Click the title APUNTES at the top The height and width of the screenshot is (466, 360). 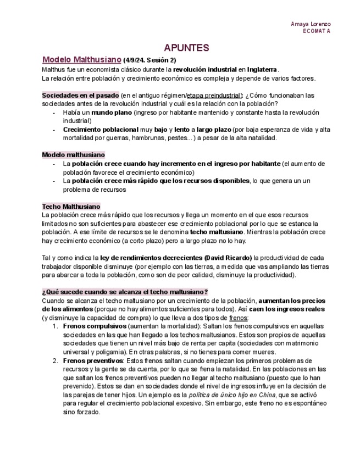click(186, 48)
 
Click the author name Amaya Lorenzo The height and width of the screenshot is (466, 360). click(311, 24)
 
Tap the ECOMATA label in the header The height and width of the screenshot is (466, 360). click(317, 31)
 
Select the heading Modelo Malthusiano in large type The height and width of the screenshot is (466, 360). click(81, 59)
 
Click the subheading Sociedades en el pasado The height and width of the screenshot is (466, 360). click(80, 95)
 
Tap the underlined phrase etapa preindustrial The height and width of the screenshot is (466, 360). click(214, 95)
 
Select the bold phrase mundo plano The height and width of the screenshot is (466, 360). click(112, 112)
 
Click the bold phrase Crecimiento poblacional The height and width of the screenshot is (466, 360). click(100, 129)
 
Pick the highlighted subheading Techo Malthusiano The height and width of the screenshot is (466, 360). click(71, 207)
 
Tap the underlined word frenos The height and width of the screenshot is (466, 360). click(238, 318)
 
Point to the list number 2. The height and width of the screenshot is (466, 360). click(55, 360)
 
